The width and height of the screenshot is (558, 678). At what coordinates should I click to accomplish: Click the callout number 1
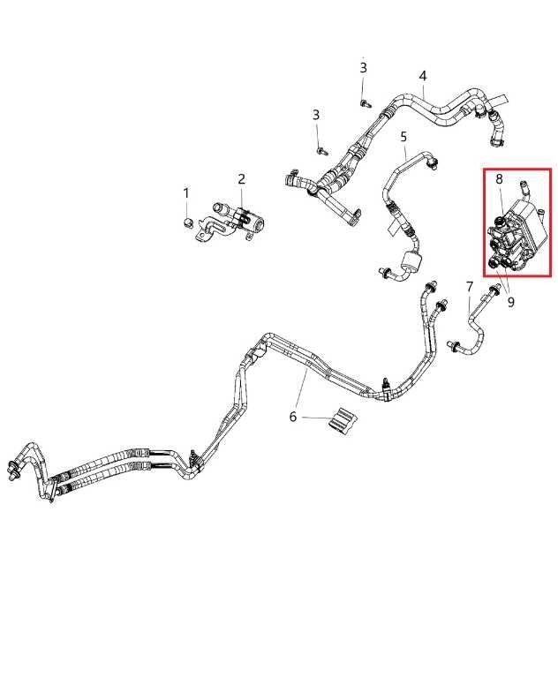tap(186, 192)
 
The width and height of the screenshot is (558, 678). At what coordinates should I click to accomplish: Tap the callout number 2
tap(241, 178)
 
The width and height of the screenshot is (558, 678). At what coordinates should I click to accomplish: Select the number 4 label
tap(423, 76)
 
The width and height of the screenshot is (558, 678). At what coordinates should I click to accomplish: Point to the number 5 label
tap(403, 137)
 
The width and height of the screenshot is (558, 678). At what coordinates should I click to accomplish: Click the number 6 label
tap(293, 417)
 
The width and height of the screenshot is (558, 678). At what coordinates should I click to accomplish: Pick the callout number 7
tap(470, 286)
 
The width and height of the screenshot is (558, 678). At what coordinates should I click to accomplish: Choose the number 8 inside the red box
tap(499, 178)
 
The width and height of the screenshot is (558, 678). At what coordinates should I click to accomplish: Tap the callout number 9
tap(511, 302)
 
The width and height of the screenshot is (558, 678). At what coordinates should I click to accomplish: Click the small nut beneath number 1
tap(186, 223)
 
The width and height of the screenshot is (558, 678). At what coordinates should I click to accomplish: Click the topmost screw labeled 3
tap(364, 103)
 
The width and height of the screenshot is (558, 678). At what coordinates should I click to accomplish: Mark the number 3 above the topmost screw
tap(364, 67)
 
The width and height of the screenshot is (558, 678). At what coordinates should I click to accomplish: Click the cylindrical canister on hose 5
tap(410, 261)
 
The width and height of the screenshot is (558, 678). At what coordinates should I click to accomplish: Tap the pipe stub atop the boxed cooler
tap(524, 189)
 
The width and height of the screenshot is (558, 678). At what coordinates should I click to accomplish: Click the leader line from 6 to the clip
tap(316, 418)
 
